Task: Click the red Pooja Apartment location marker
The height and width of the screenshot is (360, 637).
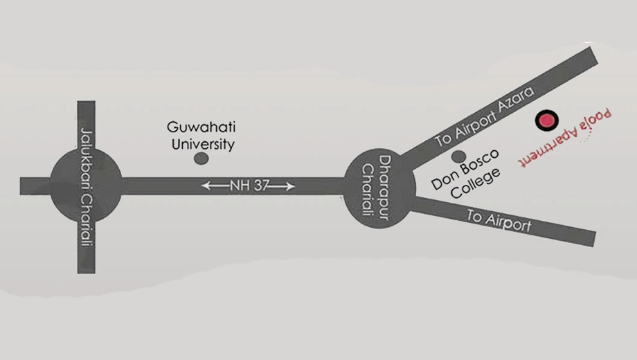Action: tap(546, 120)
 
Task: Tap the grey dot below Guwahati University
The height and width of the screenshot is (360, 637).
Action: tap(201, 159)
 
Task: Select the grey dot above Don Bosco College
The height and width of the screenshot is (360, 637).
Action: tap(458, 156)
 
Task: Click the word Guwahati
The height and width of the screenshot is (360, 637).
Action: tap(201, 127)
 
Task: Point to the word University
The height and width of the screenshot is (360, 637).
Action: tap(203, 144)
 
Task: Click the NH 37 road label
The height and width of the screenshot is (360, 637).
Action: tap(249, 186)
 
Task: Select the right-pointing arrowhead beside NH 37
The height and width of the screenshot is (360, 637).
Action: tap(289, 186)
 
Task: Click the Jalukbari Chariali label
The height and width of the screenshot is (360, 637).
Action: tap(87, 187)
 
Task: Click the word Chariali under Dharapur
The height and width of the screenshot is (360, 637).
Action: tap(368, 189)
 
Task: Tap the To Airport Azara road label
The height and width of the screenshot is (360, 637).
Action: tap(485, 116)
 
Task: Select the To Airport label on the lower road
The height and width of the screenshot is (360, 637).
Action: tap(499, 221)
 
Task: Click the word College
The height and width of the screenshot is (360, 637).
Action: tap(476, 183)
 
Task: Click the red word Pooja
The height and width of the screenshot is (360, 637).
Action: tap(596, 119)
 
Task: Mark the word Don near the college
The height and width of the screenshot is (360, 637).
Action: tap(443, 181)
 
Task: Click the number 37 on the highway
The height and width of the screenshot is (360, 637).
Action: tap(260, 186)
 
